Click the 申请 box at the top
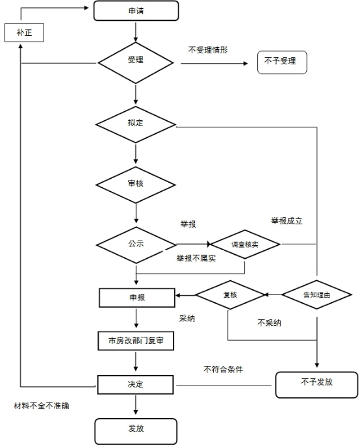(x=136, y=11)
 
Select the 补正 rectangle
(x=24, y=33)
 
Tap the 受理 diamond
(x=136, y=63)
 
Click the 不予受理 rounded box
(x=282, y=62)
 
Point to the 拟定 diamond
(x=136, y=125)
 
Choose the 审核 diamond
(x=136, y=185)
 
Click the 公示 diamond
(x=136, y=245)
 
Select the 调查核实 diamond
(x=245, y=244)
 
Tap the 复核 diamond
(x=230, y=295)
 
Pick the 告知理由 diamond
(x=316, y=295)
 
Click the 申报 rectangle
(x=136, y=298)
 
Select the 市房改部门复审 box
(x=136, y=341)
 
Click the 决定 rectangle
(x=135, y=385)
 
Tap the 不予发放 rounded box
(x=316, y=385)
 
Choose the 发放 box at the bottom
(x=136, y=431)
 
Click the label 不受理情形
(x=208, y=50)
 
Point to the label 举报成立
(x=287, y=221)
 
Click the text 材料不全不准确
(x=42, y=406)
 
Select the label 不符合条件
(x=224, y=369)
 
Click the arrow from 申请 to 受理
(x=136, y=32)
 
